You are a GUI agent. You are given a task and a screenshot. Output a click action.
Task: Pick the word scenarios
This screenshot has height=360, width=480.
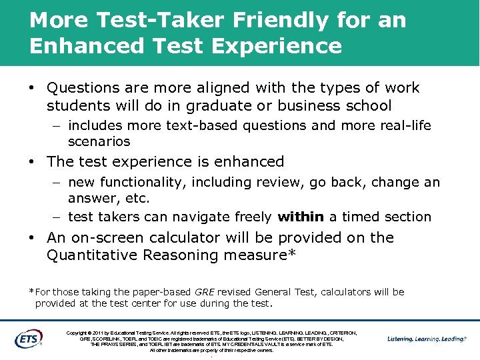point(99,141)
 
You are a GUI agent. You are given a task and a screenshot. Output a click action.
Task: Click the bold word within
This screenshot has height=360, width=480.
point(300,217)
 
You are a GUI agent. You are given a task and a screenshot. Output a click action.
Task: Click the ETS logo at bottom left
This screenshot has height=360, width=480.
point(28,338)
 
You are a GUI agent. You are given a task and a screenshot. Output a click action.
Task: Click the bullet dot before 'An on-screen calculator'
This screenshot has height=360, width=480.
point(32,238)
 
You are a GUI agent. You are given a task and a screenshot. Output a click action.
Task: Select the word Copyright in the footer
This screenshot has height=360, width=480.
point(79,333)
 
